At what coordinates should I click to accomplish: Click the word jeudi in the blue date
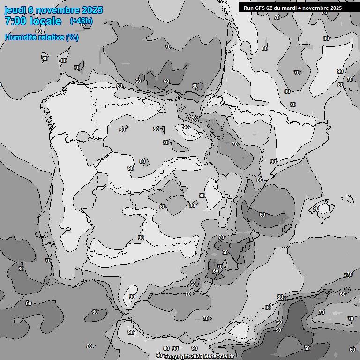coord(15,10)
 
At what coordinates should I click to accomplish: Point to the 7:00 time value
coord(15,21)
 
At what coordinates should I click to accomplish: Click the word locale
coord(45,21)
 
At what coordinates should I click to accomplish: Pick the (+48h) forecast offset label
coord(82,21)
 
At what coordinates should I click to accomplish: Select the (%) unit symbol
coord(72,37)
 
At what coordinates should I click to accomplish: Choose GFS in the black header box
coord(261,8)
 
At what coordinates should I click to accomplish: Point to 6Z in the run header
coord(271,8)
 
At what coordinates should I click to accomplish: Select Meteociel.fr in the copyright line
coord(219,356)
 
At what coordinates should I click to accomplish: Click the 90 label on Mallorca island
coord(316,208)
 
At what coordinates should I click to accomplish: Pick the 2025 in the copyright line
coord(197,356)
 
